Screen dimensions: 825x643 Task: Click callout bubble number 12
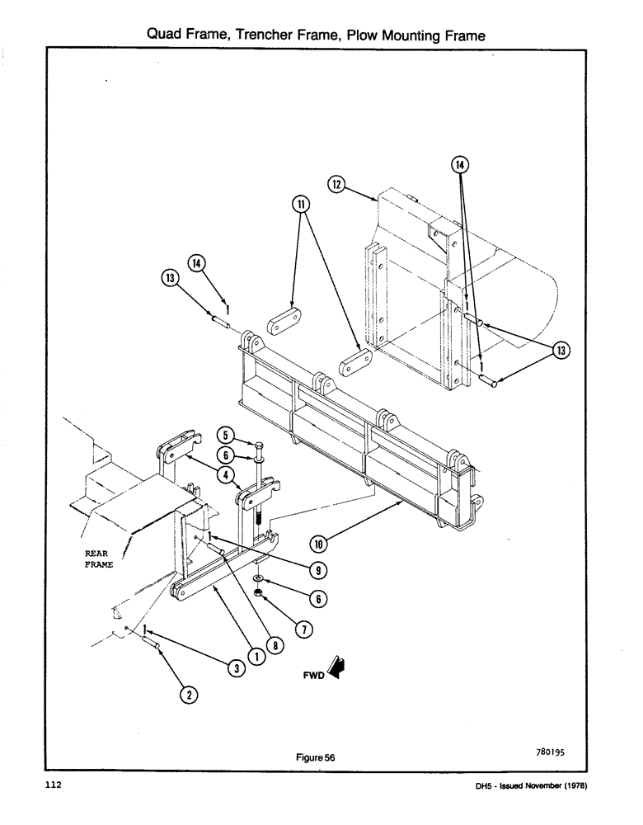336,186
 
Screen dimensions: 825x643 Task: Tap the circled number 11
301,202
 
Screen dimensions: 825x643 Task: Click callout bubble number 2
188,695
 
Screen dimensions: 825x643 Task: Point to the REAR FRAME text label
98,559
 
